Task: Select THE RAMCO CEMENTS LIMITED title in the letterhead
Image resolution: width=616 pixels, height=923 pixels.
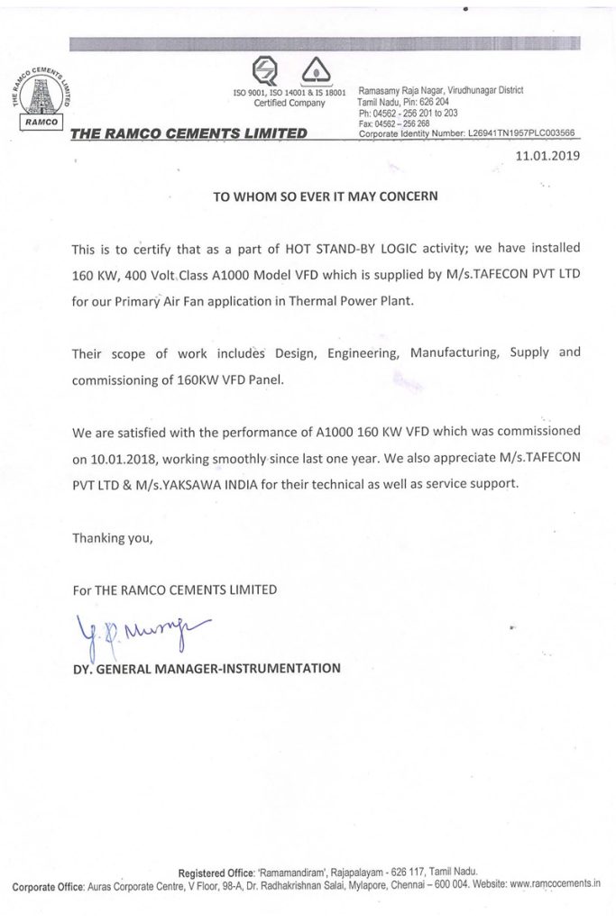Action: click(188, 134)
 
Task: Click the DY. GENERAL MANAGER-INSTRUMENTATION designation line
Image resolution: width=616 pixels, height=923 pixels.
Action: click(208, 669)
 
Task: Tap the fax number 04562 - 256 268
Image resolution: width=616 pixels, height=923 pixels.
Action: click(393, 123)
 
